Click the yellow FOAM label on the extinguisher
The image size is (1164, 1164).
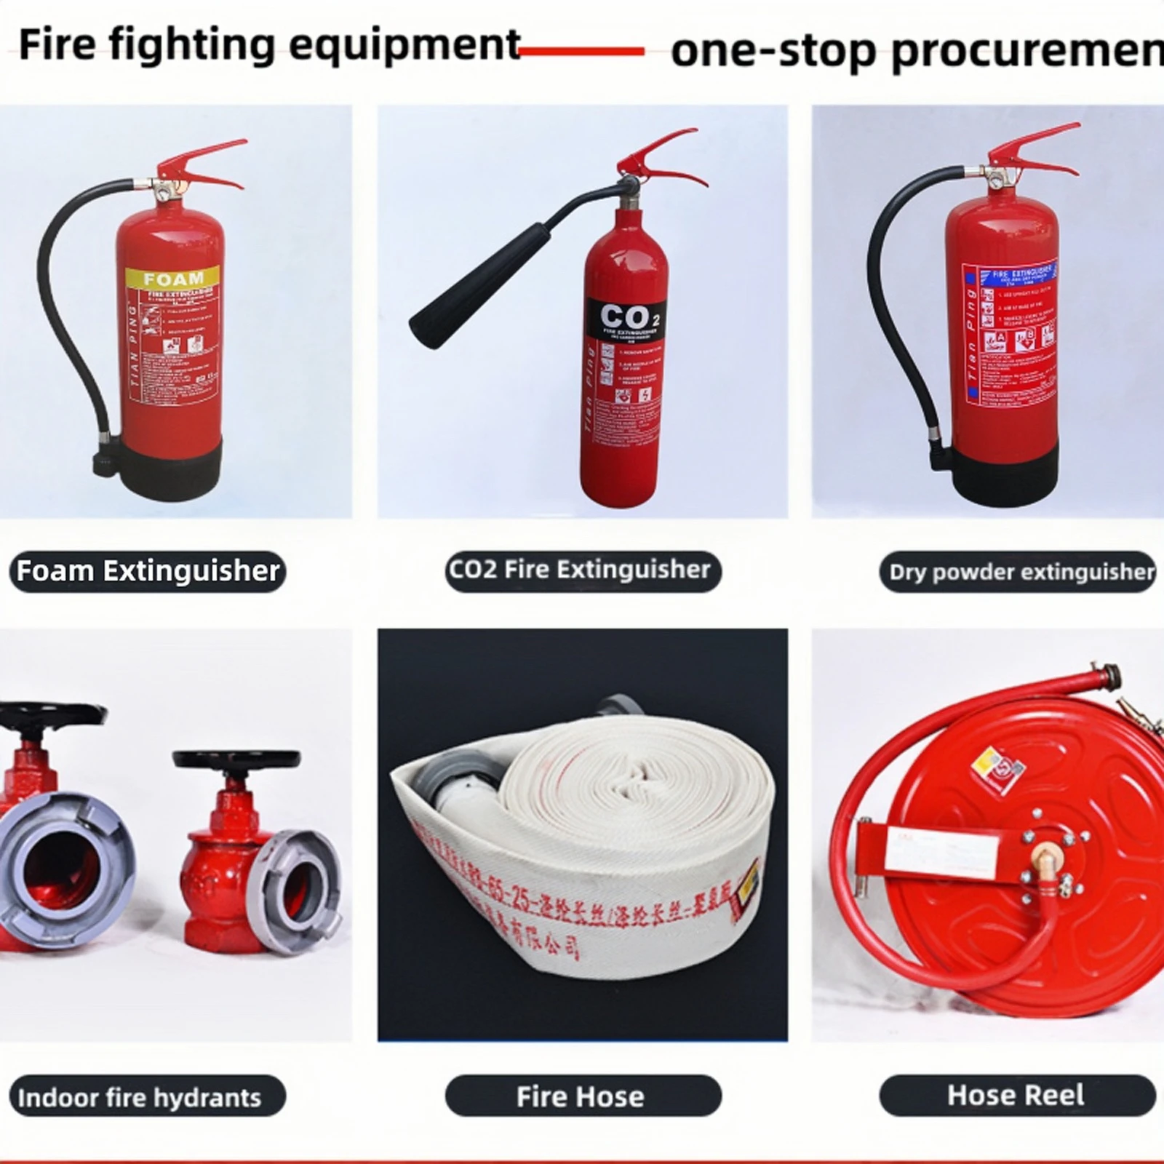tap(173, 278)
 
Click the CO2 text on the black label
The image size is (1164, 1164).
tap(624, 317)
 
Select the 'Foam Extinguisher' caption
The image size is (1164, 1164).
tap(148, 571)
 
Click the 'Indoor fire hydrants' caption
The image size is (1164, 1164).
tap(140, 1097)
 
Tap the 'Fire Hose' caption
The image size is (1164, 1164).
tap(580, 1096)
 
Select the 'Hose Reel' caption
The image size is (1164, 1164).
tap(1016, 1095)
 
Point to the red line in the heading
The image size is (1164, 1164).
tap(582, 51)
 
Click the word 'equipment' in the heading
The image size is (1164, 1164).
tap(404, 45)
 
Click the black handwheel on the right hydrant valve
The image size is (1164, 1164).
tap(236, 760)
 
